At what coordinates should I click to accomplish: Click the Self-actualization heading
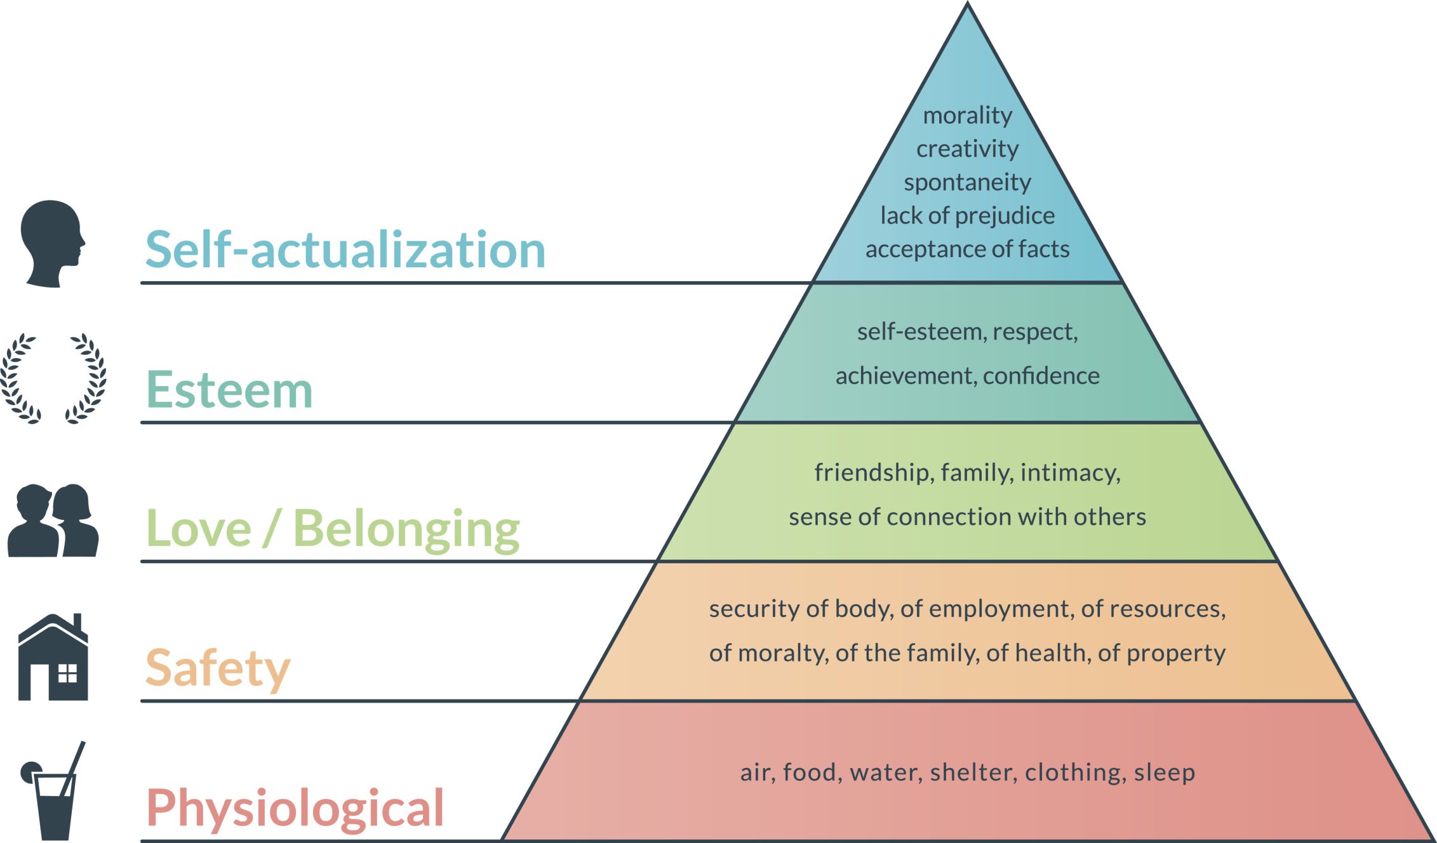click(x=345, y=249)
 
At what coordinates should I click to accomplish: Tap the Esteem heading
click(x=229, y=389)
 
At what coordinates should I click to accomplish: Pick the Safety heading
click(x=218, y=669)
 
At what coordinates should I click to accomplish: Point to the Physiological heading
click(x=295, y=809)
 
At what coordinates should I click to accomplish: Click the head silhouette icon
click(x=53, y=244)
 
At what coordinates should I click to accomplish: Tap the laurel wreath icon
click(x=53, y=378)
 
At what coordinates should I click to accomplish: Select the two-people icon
click(x=53, y=521)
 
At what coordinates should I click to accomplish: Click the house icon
click(x=53, y=657)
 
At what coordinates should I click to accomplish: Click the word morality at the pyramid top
click(x=968, y=116)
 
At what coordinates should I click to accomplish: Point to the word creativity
click(x=968, y=149)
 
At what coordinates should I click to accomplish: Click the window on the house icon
click(x=67, y=673)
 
